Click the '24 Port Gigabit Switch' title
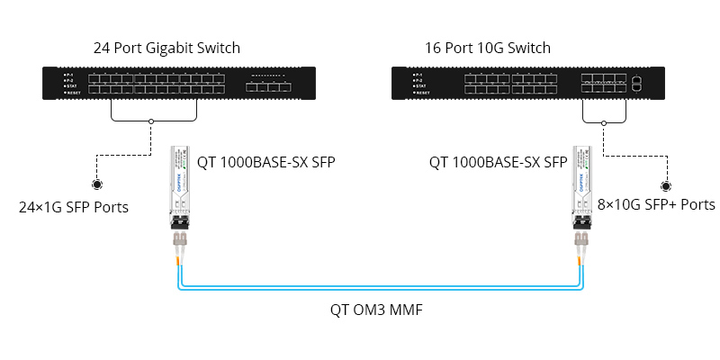click(x=166, y=48)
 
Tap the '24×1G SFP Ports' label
click(x=74, y=208)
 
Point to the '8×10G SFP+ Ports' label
click(x=656, y=205)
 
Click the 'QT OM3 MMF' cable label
click(x=376, y=310)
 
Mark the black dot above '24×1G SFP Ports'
click(x=96, y=185)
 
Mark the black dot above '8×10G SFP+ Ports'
click(x=667, y=186)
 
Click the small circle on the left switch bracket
click(x=152, y=121)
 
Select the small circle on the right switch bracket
click(x=603, y=121)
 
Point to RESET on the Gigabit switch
click(x=71, y=94)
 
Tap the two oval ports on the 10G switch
click(x=637, y=84)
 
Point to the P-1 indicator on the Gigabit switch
click(x=68, y=74)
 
